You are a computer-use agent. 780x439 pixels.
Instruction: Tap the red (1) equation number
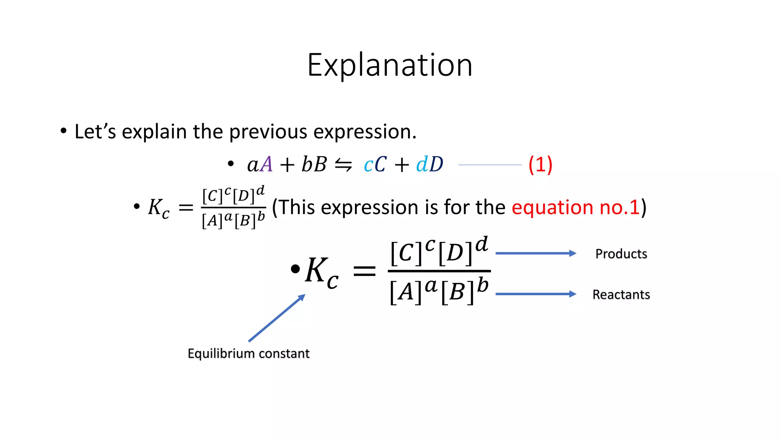540,165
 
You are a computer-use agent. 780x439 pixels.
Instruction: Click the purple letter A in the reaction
267,165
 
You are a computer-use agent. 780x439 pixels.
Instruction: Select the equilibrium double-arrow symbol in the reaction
343,165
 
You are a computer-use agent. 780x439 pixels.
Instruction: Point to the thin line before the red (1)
490,165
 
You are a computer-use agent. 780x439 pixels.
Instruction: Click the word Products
621,254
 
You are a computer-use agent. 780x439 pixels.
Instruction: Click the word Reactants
621,295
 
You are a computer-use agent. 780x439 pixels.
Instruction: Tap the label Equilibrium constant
248,354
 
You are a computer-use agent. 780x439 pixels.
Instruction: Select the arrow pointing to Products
535,253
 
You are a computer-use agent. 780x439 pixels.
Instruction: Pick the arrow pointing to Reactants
535,294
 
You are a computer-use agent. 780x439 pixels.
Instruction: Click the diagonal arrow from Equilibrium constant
277,318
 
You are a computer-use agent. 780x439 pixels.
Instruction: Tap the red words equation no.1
575,208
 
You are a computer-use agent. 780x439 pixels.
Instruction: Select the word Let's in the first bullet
95,132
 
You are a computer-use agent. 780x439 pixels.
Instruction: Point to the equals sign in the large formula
364,271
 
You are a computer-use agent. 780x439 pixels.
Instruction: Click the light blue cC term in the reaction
375,165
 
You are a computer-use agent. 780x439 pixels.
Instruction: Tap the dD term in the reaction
430,165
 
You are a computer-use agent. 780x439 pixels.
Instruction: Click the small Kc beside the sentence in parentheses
158,208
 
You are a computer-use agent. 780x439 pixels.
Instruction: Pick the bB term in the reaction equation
314,165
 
